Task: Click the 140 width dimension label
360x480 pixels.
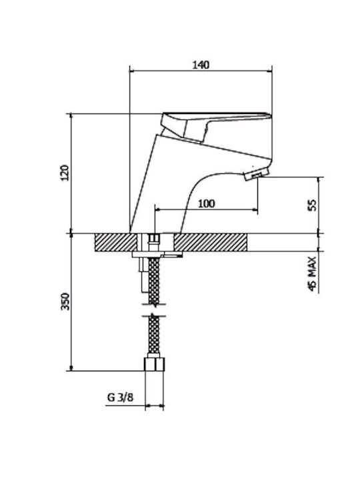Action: (201, 65)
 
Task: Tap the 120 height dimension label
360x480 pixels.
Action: (65, 173)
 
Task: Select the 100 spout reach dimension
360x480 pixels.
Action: (207, 203)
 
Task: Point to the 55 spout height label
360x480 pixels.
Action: (312, 205)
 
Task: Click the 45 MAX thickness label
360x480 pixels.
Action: (311, 274)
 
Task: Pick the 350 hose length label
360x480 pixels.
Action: (65, 301)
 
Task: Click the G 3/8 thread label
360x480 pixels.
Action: (120, 397)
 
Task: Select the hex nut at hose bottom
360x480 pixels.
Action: (154, 364)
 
